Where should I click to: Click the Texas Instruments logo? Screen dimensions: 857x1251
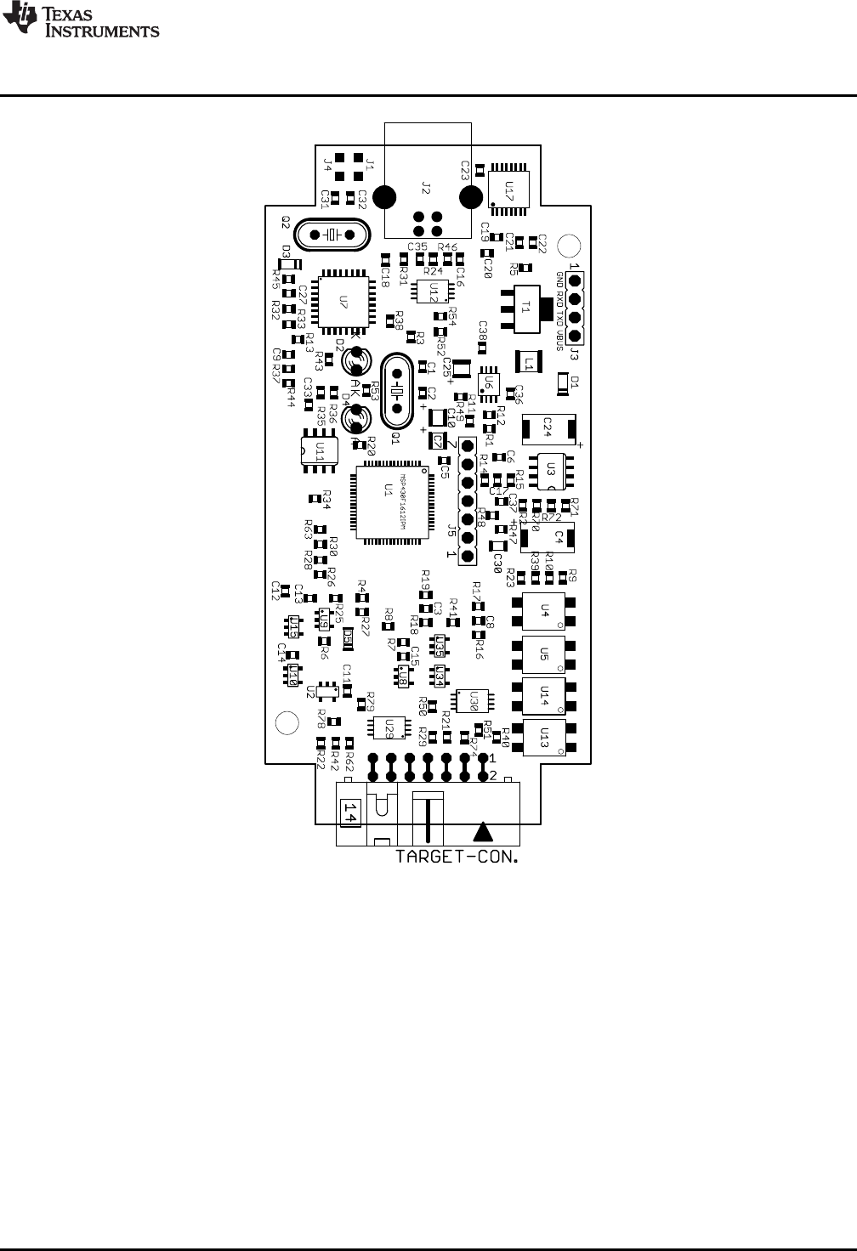point(81,21)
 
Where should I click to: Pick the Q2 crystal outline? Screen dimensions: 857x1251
point(334,234)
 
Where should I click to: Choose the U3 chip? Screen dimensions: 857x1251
point(551,470)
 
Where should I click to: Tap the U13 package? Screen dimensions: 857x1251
point(545,736)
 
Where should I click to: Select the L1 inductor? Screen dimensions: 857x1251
point(529,362)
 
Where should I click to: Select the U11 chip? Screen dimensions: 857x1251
point(320,450)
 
